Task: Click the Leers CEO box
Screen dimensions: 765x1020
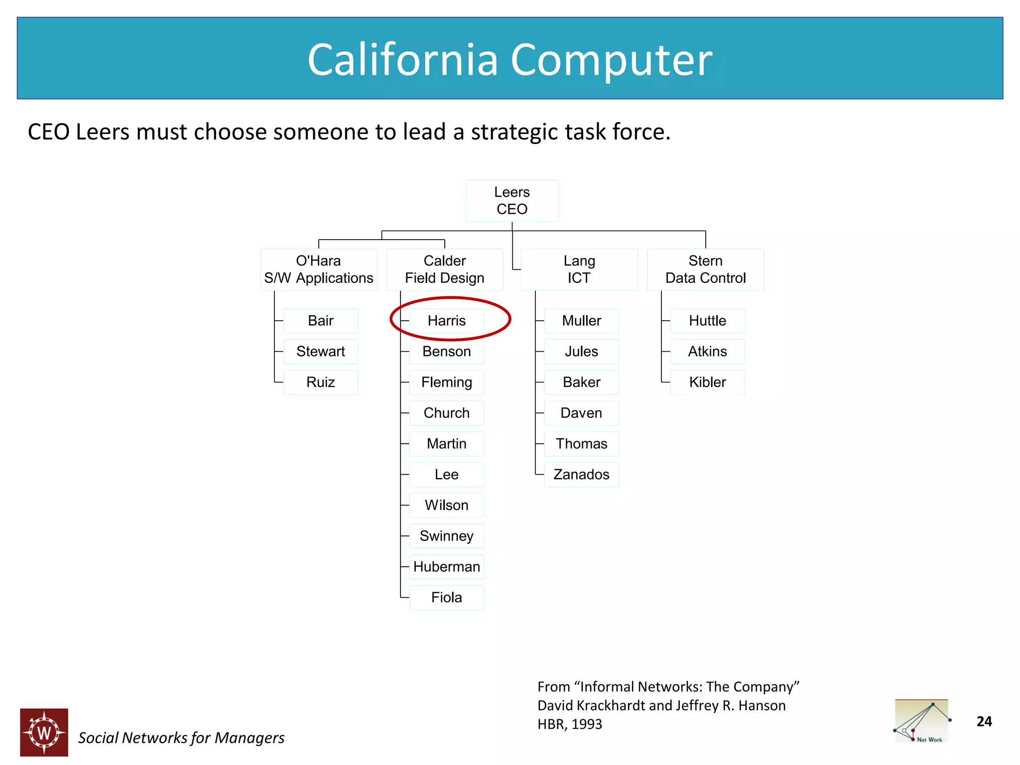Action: [511, 201]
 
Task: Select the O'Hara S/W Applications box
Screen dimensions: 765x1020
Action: [318, 269]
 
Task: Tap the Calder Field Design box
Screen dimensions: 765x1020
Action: [444, 269]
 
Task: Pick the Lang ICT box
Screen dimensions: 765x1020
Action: [579, 269]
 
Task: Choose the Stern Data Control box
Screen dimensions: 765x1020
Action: [705, 269]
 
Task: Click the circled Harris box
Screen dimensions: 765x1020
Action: [446, 321]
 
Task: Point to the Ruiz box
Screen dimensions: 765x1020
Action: [320, 382]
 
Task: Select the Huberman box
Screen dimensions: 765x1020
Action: [446, 567]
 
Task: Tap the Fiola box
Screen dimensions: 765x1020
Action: [446, 598]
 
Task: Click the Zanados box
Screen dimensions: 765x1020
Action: [581, 475]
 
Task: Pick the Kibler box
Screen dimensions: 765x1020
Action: [707, 382]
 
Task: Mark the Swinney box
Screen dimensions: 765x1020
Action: [446, 536]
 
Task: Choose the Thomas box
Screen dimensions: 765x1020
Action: [581, 444]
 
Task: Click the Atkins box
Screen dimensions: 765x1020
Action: [707, 352]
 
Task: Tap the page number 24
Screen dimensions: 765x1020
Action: [984, 722]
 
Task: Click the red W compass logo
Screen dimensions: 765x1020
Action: [44, 732]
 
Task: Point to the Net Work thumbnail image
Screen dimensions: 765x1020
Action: [922, 721]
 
